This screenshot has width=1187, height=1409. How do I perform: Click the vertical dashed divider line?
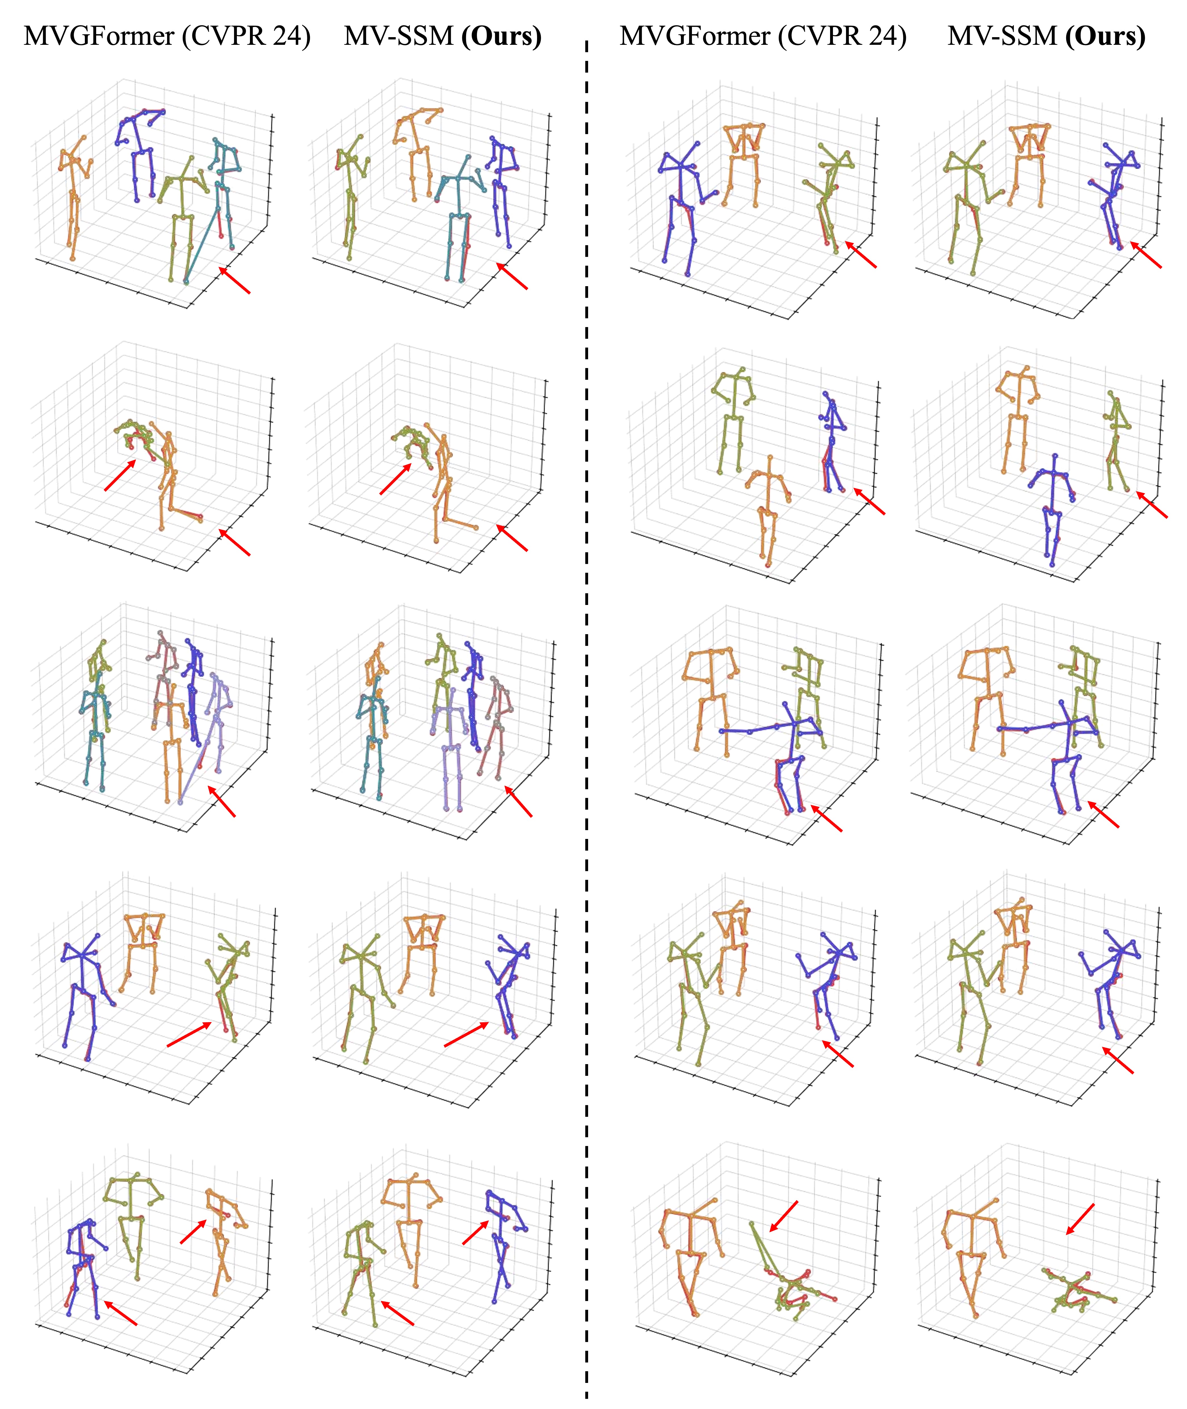586,720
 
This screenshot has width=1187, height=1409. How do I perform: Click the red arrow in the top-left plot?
234,280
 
